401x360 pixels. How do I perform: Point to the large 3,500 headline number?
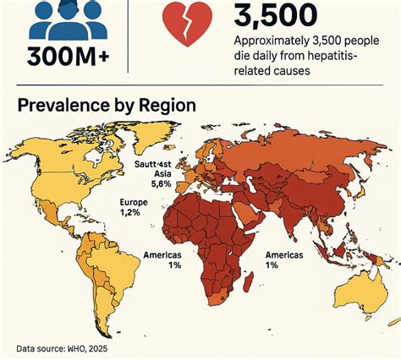(x=274, y=17)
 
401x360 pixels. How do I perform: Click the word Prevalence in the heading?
(x=66, y=106)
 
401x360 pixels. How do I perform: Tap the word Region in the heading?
(x=167, y=106)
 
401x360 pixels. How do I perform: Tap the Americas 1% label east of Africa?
(x=285, y=259)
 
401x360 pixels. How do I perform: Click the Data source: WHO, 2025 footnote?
(x=61, y=348)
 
